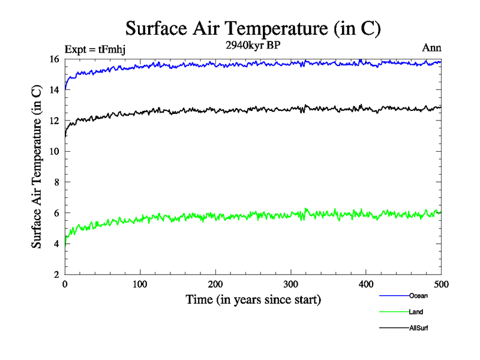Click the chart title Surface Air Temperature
tap(253, 28)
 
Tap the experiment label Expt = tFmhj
tap(94, 49)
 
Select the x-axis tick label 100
tap(140, 284)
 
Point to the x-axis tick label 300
tap(290, 284)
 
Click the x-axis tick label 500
tap(441, 284)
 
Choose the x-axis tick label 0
tap(65, 284)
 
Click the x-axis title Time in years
tap(253, 299)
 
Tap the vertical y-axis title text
tap(37, 167)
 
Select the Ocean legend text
tap(418, 295)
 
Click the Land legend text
tap(416, 311)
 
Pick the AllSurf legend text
tap(419, 328)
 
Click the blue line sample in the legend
tap(394, 295)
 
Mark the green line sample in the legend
tap(394, 311)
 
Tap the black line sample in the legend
tap(394, 328)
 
